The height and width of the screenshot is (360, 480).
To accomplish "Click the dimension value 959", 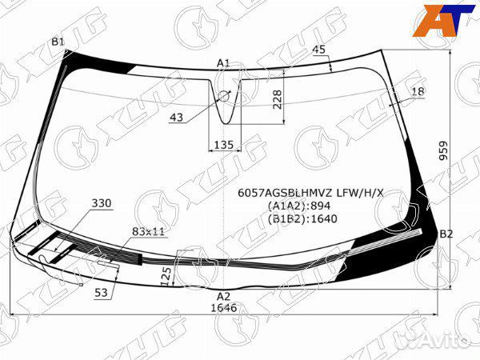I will (x=466, y=150).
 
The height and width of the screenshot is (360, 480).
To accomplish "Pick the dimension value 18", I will (x=418, y=92).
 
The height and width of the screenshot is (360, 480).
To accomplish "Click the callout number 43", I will (x=177, y=118).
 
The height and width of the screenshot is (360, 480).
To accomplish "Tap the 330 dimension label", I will (x=102, y=203).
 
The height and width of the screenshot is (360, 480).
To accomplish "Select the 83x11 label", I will (x=148, y=231).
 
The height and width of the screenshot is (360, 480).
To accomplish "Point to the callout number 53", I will (x=101, y=293).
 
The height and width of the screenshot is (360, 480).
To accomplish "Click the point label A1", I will (x=223, y=62).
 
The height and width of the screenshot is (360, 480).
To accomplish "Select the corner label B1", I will (x=58, y=42).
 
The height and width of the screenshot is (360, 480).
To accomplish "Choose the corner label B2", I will (x=446, y=234).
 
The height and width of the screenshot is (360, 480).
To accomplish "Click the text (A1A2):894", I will (x=305, y=206).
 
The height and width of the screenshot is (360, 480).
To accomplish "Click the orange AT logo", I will (x=438, y=22).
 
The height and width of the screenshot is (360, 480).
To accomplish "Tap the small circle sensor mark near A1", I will (x=223, y=96).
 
